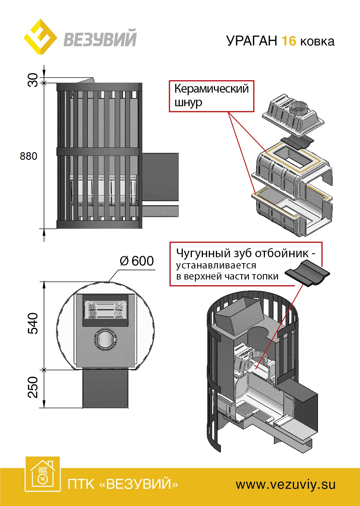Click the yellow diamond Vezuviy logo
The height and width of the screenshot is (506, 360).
click(40, 37)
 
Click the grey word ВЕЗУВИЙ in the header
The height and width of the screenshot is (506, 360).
click(100, 39)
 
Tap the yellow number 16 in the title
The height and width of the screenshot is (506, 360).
click(289, 41)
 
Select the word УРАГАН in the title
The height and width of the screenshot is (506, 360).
click(252, 41)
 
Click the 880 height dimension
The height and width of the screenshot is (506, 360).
click(28, 156)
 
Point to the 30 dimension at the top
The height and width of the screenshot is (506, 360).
click(33, 80)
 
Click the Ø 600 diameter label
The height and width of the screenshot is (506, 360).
click(137, 261)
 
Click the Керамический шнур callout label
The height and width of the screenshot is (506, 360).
click(211, 96)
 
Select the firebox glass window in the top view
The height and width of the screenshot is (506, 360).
click(105, 309)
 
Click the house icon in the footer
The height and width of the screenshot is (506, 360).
click(43, 474)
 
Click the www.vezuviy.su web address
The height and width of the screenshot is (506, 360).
click(286, 485)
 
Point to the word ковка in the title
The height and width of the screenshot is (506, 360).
click(317, 42)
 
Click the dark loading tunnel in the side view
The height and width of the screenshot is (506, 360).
click(160, 177)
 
